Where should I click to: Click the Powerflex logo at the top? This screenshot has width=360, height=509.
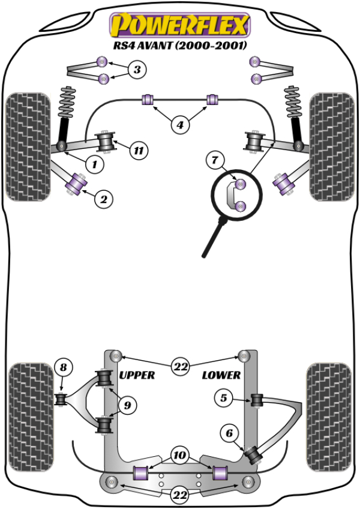(178, 25)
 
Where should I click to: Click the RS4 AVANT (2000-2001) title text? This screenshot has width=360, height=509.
(179, 46)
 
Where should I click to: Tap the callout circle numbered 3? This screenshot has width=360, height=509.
(137, 70)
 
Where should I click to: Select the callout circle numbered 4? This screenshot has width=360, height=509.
(179, 125)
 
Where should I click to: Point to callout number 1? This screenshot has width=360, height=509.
(94, 163)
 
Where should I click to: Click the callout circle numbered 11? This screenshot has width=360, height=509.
(139, 151)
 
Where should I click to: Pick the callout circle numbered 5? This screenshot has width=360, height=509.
(224, 397)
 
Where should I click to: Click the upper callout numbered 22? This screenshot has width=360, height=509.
(179, 366)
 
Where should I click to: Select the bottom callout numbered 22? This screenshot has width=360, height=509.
(179, 495)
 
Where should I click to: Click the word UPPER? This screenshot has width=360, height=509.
(137, 375)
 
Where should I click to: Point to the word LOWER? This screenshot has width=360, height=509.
(221, 375)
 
